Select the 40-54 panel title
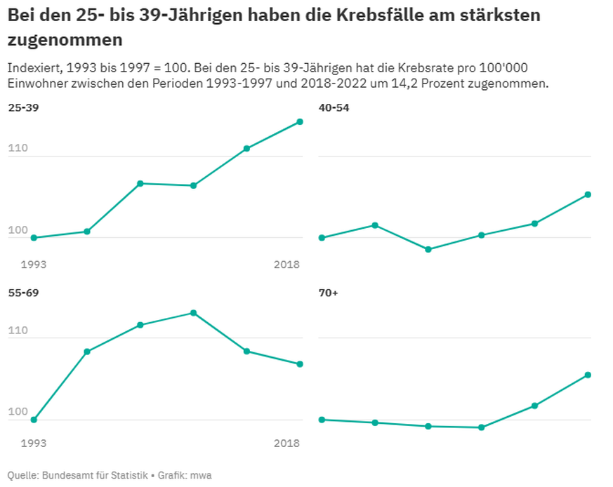pyautogui.click(x=334, y=108)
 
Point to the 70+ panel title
pyautogui.click(x=329, y=292)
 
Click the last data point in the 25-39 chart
pyautogui.click(x=300, y=122)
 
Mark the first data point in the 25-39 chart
pyautogui.click(x=34, y=238)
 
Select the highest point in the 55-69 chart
pyautogui.click(x=193, y=313)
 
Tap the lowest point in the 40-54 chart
pyautogui.click(x=428, y=249)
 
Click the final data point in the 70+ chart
pyautogui.click(x=588, y=375)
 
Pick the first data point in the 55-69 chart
pyautogui.click(x=34, y=420)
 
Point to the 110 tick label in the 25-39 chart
pyautogui.click(x=19, y=149)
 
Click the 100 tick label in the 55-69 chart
pyautogui.click(x=19, y=412)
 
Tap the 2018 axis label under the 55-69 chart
pyautogui.click(x=286, y=443)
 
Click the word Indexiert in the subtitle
pyautogui.click(x=33, y=68)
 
